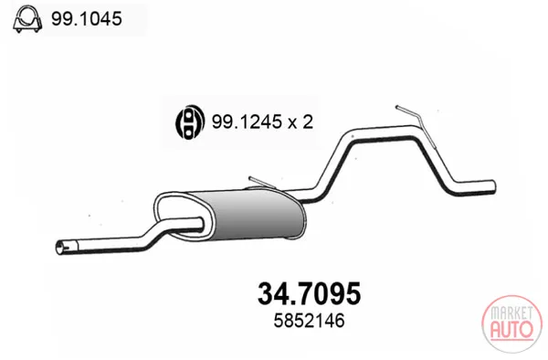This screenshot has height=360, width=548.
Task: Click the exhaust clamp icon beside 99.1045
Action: pos(27,19)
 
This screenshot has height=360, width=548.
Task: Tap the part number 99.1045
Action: pos(87,18)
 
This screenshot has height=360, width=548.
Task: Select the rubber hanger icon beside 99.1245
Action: pos(189,122)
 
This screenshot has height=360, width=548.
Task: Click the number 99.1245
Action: pos(247,122)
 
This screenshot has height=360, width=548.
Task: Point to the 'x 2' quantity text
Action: pos(300,122)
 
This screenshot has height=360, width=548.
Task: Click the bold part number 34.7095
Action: pos(309,293)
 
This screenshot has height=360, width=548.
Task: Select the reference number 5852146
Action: pos(309,321)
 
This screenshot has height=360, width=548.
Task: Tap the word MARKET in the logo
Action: pos(512,313)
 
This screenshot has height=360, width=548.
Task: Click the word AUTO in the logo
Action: pos(512,330)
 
